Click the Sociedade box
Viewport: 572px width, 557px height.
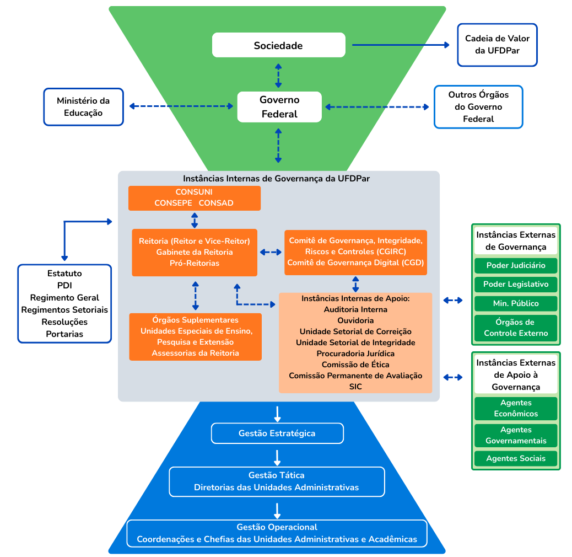pos(278,45)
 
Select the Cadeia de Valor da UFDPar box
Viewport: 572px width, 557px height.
pos(497,45)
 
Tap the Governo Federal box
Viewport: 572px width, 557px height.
pos(279,107)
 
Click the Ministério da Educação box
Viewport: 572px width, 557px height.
pos(83,107)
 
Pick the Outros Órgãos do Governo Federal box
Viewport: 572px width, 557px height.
pos(478,107)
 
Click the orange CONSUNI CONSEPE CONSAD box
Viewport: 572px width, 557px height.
pos(194,198)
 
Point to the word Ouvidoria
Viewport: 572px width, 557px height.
pos(355,320)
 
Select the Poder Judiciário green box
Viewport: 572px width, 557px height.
pos(516,265)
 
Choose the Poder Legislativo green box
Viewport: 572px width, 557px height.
pos(516,285)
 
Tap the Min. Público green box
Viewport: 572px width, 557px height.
pos(516,303)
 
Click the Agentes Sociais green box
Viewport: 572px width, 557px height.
pos(516,458)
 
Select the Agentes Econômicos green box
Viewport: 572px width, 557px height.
pos(516,409)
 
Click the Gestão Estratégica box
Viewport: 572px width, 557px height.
pos(277,433)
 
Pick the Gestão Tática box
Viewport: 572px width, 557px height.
pos(277,481)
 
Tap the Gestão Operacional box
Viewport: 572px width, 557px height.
pos(277,533)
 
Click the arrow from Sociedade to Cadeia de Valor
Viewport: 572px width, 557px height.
pos(401,45)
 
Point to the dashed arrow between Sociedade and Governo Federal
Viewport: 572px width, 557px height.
pos(278,75)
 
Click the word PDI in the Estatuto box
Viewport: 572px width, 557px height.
pos(64,286)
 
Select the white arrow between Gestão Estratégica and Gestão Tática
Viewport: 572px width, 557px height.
pos(277,457)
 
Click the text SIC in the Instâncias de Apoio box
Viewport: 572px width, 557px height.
pos(355,387)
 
